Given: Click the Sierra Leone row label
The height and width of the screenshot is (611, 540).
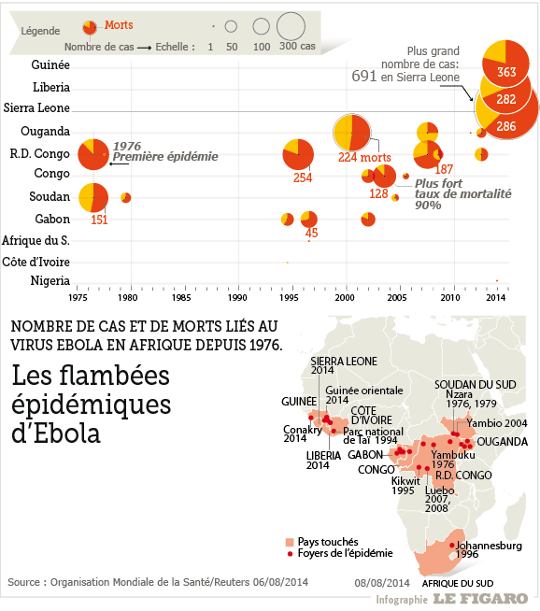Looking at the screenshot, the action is [36, 108].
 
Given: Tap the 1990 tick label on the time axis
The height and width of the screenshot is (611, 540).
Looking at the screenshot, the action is [237, 298].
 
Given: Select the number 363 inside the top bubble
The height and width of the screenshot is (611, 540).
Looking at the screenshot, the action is [506, 72].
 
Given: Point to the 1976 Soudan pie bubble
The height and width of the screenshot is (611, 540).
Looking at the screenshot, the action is [93, 197].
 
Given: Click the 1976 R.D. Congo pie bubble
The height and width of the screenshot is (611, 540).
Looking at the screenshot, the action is [93, 154].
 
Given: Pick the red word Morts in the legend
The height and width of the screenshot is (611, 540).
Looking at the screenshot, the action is [119, 25].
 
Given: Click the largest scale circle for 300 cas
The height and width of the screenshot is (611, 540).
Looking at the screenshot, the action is [291, 26].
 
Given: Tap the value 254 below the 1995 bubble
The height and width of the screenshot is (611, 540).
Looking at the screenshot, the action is [303, 178].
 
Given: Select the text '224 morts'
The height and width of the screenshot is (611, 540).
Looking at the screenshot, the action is [364, 158].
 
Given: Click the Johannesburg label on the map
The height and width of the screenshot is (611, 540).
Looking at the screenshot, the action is [489, 546].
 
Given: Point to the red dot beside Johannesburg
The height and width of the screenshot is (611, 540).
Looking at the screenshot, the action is [452, 546].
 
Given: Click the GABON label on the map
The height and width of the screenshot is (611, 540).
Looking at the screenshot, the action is [365, 455].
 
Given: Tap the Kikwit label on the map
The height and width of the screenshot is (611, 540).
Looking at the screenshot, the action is [405, 481].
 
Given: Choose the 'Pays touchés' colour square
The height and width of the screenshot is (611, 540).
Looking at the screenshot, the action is [290, 542].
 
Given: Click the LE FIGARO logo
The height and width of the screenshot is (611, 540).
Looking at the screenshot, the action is [480, 599].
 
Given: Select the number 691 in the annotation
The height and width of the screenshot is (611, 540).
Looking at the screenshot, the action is [364, 76].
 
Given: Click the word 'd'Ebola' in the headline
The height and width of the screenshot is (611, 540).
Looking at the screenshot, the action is [56, 433].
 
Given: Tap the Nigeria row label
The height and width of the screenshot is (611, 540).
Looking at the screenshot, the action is [50, 280].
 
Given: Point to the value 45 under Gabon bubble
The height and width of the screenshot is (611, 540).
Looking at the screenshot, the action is [311, 233].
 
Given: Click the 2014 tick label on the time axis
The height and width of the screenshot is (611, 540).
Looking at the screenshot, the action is [495, 298].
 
